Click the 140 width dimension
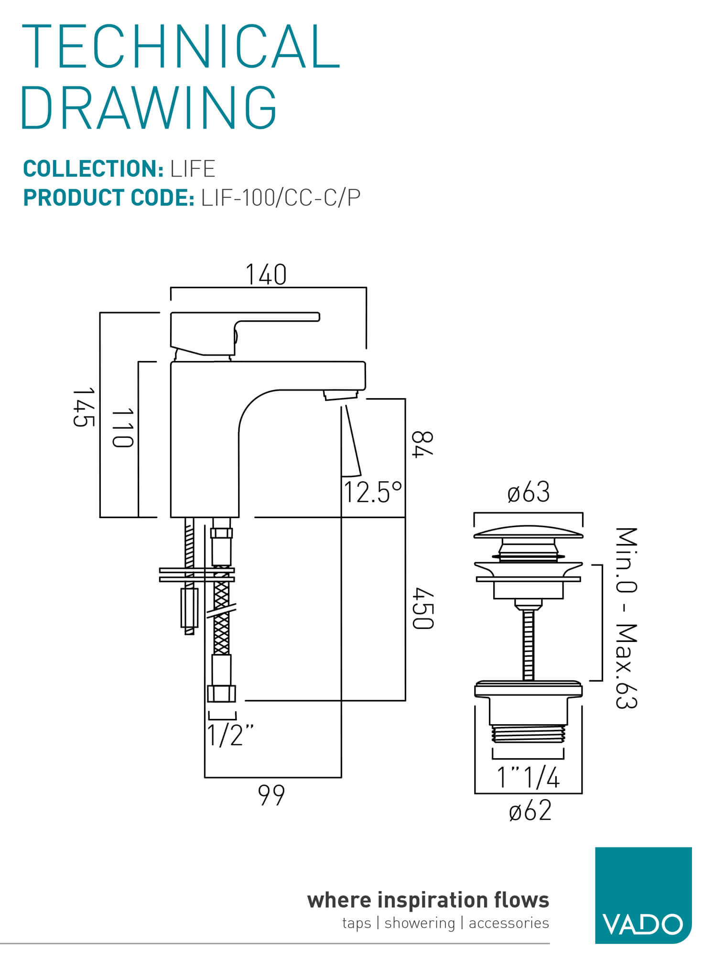(266, 275)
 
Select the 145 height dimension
(84, 407)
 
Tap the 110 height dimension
(122, 428)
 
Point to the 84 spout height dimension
(422, 444)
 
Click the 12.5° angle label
(373, 492)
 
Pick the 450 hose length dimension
(423, 608)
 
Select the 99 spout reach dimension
(271, 795)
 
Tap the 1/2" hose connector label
(229, 735)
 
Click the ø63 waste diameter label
(529, 492)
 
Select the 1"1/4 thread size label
(528, 778)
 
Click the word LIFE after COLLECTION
(193, 169)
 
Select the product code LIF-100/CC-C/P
(281, 198)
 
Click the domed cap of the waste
(528, 532)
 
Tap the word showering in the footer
(419, 923)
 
